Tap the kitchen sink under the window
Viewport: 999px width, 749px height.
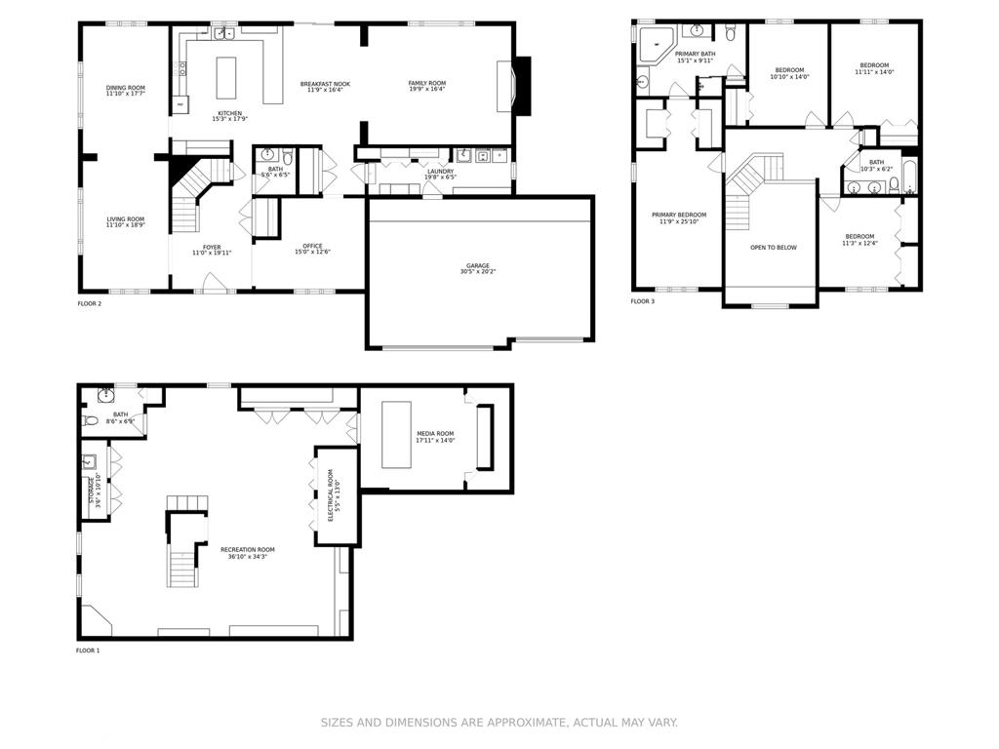tap(223, 33)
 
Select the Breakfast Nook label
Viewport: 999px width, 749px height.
tap(325, 85)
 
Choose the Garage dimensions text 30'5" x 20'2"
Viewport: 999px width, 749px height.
tap(477, 272)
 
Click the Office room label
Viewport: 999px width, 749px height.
tap(312, 246)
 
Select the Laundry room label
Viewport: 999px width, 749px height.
tap(440, 172)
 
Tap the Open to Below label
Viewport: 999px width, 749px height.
tap(773, 248)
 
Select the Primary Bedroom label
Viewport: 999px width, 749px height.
tap(679, 215)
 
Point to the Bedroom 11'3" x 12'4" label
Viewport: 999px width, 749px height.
tap(859, 239)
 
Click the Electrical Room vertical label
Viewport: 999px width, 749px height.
tap(331, 496)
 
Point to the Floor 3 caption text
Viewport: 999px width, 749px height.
tap(643, 302)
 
